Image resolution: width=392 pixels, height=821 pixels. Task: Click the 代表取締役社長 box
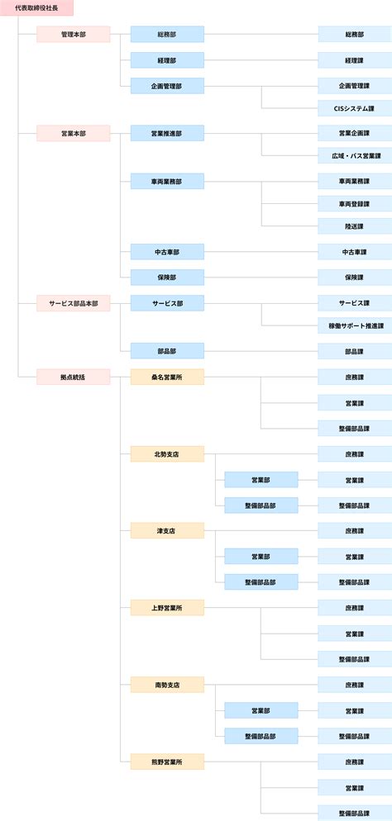[x=36, y=8]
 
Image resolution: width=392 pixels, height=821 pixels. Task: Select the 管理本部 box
[x=74, y=34]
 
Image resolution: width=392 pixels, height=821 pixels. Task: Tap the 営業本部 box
[x=74, y=133]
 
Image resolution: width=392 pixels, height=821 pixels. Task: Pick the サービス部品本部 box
[x=74, y=303]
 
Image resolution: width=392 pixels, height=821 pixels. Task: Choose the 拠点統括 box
[x=74, y=377]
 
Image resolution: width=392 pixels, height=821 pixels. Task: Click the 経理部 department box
[x=167, y=60]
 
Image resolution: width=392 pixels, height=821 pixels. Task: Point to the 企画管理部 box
[x=167, y=86]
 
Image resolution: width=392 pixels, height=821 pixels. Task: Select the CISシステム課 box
[x=355, y=108]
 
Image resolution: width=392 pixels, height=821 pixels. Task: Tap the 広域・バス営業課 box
[x=355, y=155]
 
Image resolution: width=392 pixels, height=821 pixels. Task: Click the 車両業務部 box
[x=167, y=181]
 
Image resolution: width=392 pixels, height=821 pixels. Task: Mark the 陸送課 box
[x=355, y=226]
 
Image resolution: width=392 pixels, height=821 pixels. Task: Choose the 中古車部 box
[x=167, y=252]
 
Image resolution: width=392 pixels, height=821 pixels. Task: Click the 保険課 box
[x=355, y=277]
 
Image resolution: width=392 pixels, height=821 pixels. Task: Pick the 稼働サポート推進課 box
[x=355, y=325]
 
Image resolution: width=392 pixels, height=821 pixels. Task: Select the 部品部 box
[x=167, y=351]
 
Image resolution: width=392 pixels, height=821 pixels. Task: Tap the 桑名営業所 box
[x=167, y=377]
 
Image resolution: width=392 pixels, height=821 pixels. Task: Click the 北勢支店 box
[x=167, y=454]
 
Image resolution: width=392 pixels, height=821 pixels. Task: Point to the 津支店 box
[x=167, y=531]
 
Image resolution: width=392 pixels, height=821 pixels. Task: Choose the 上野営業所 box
[x=167, y=608]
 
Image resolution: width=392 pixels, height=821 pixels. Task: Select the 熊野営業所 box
[x=167, y=762]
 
